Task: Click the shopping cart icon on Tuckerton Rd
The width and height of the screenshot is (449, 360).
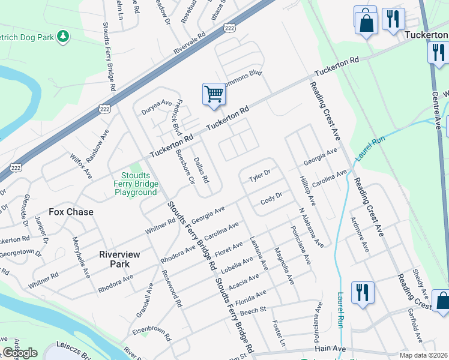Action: coord(214,94)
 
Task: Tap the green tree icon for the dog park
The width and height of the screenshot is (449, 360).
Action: coord(62,37)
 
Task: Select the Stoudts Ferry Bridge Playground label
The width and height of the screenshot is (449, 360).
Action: coord(136,184)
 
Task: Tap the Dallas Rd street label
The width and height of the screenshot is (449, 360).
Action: coord(201,170)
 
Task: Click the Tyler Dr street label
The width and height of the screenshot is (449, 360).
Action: coord(260,176)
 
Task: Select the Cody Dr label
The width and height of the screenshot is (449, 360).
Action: coord(271,200)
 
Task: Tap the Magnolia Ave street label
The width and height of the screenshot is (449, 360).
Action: coord(284,265)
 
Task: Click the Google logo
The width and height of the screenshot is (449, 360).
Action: coord(20,353)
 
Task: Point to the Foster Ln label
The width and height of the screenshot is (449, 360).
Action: coord(280,336)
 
